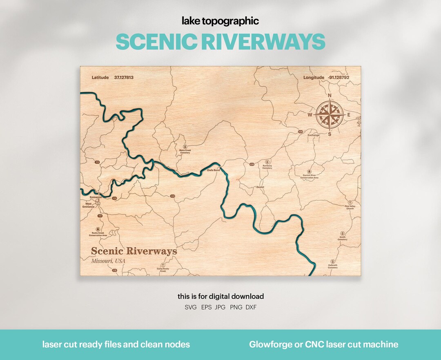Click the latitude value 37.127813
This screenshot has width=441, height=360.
[124, 77]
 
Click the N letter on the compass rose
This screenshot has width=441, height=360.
[330, 96]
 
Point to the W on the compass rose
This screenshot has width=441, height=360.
[310, 115]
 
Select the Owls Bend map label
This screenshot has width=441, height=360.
[213, 170]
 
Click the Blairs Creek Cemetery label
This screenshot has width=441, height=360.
[185, 152]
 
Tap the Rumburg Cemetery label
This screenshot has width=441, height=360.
[267, 167]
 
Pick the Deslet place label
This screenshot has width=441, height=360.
[260, 187]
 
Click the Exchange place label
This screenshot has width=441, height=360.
[314, 135]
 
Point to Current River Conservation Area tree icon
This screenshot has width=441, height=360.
[309, 172]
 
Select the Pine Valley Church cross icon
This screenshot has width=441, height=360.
[350, 203]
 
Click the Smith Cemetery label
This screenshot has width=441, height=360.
[342, 238]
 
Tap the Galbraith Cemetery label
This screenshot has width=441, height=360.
[332, 266]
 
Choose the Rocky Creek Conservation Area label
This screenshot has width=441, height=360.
[98, 235]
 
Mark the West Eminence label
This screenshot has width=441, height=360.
[89, 205]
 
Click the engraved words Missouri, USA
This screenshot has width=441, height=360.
[108, 261]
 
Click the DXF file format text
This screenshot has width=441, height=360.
[251, 307]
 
